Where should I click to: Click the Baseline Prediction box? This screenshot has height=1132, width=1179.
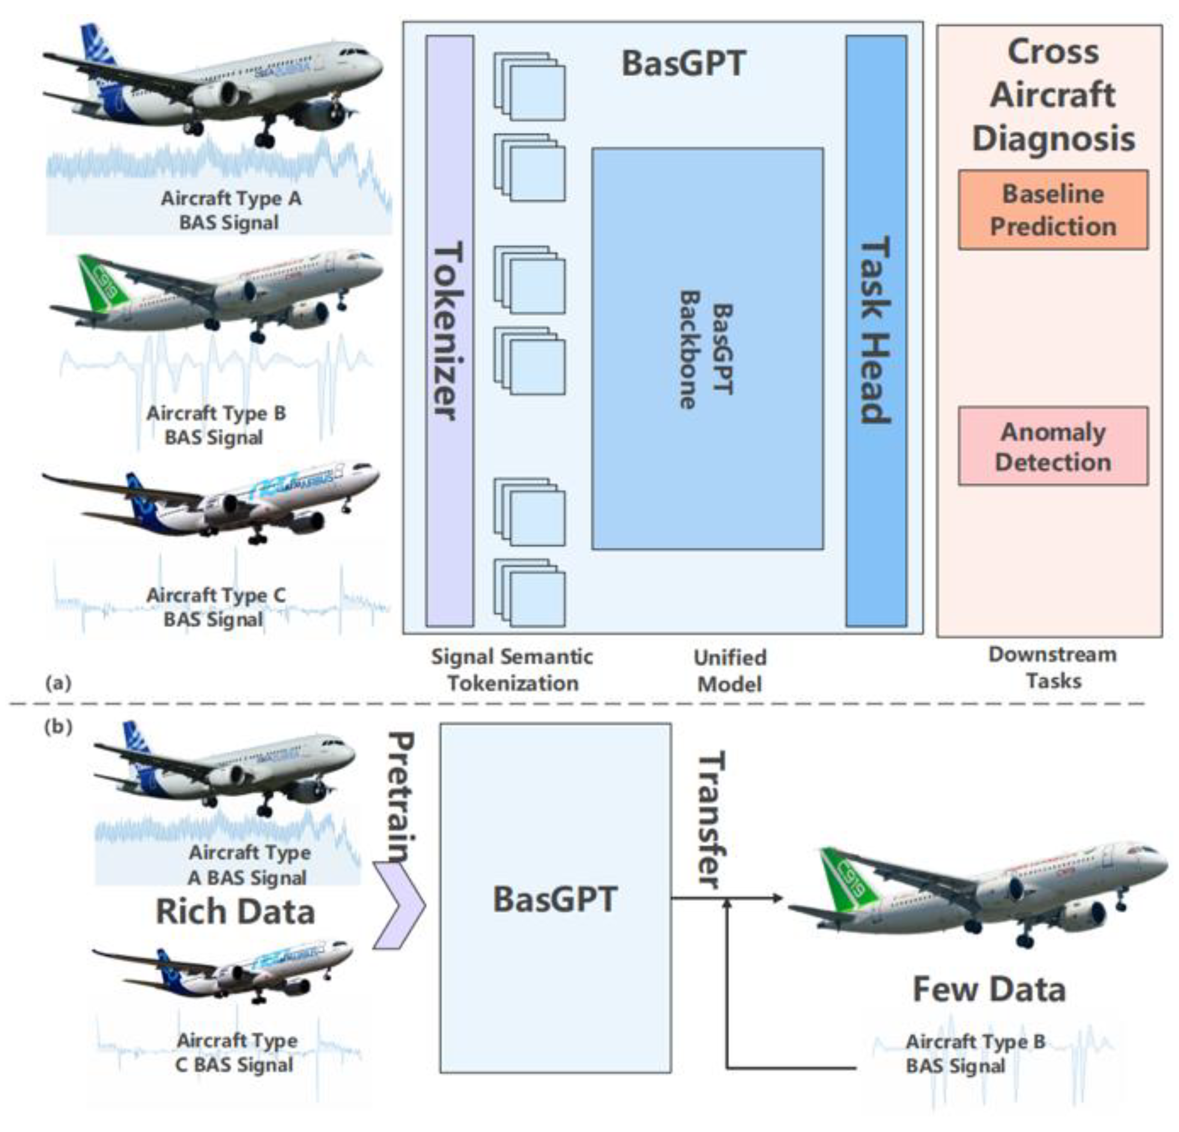click(x=1053, y=210)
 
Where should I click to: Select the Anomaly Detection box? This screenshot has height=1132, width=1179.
click(x=1053, y=446)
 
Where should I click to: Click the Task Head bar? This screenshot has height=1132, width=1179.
click(x=876, y=331)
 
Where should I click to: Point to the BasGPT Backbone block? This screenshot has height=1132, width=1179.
click(x=707, y=349)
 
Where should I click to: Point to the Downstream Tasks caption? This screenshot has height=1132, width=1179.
click(x=1053, y=667)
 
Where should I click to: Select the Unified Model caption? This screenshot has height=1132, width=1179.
click(x=730, y=670)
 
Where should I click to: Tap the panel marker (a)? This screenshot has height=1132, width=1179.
click(x=58, y=683)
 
